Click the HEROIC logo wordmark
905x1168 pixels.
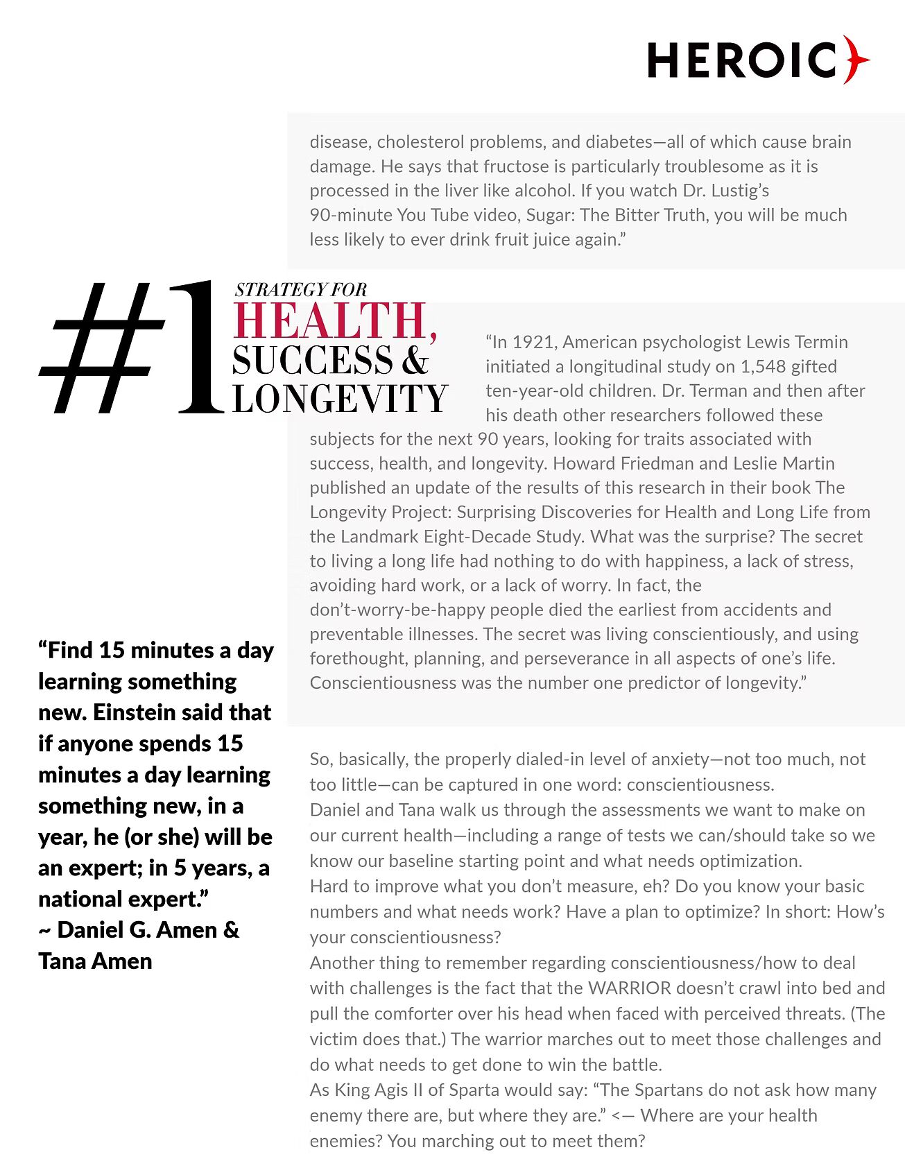[x=742, y=60]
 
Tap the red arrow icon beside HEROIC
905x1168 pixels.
[x=856, y=60]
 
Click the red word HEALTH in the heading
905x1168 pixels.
[x=331, y=320]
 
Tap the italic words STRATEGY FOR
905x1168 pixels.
[x=300, y=290]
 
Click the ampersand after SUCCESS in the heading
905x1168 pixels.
[x=415, y=360]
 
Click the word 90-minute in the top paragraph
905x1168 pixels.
[x=351, y=215]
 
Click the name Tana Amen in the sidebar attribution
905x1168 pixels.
[x=95, y=961]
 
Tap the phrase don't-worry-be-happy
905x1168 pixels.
[x=397, y=610]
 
